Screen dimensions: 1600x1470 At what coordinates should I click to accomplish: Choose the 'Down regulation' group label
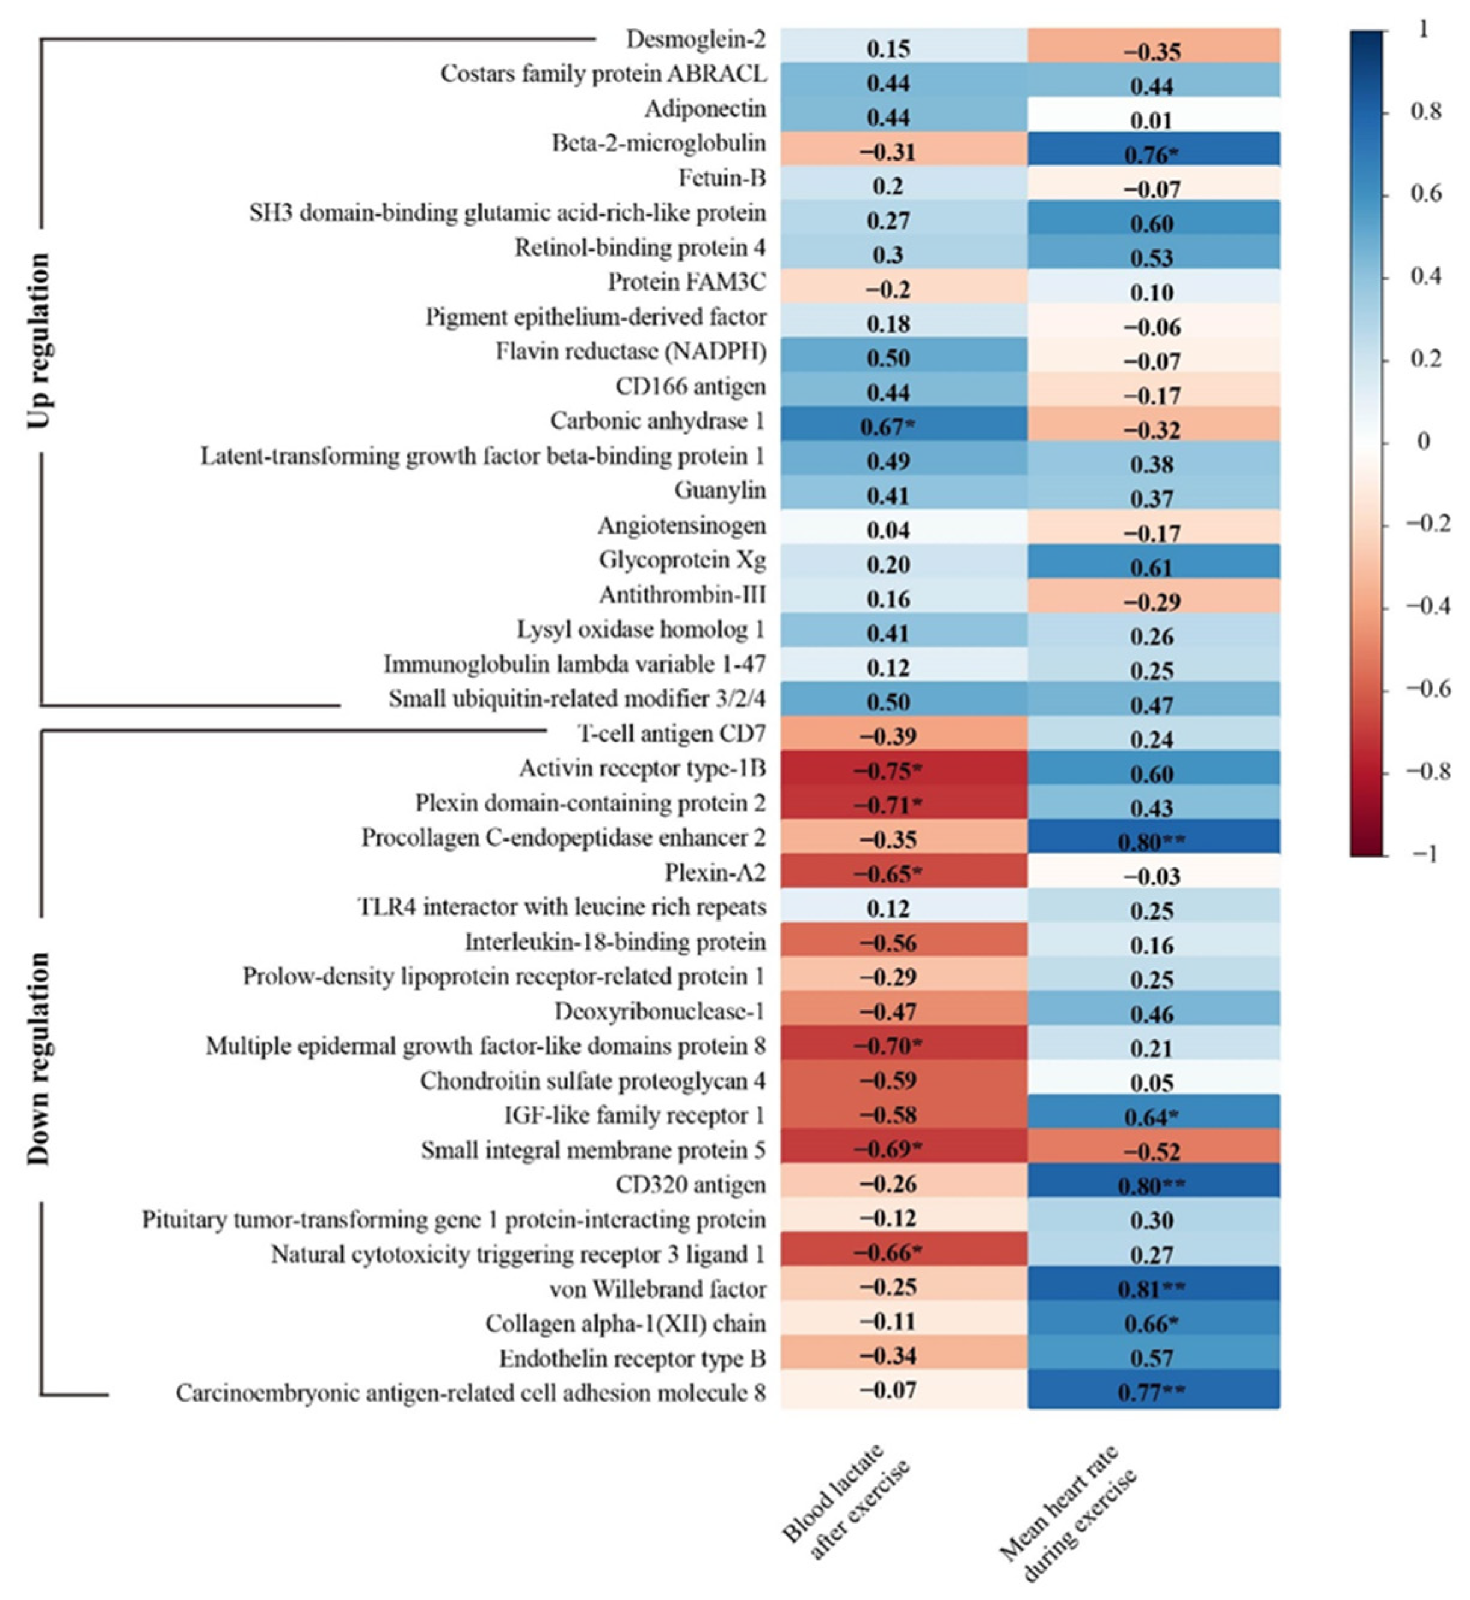38,1058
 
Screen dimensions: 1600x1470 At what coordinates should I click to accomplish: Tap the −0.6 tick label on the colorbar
1428,689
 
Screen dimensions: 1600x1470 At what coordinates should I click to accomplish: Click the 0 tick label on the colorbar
1423,442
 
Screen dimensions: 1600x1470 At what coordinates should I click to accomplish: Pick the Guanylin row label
720,490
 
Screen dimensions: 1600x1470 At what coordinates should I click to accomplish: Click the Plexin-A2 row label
715,873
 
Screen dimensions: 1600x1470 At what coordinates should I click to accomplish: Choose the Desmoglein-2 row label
696,39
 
